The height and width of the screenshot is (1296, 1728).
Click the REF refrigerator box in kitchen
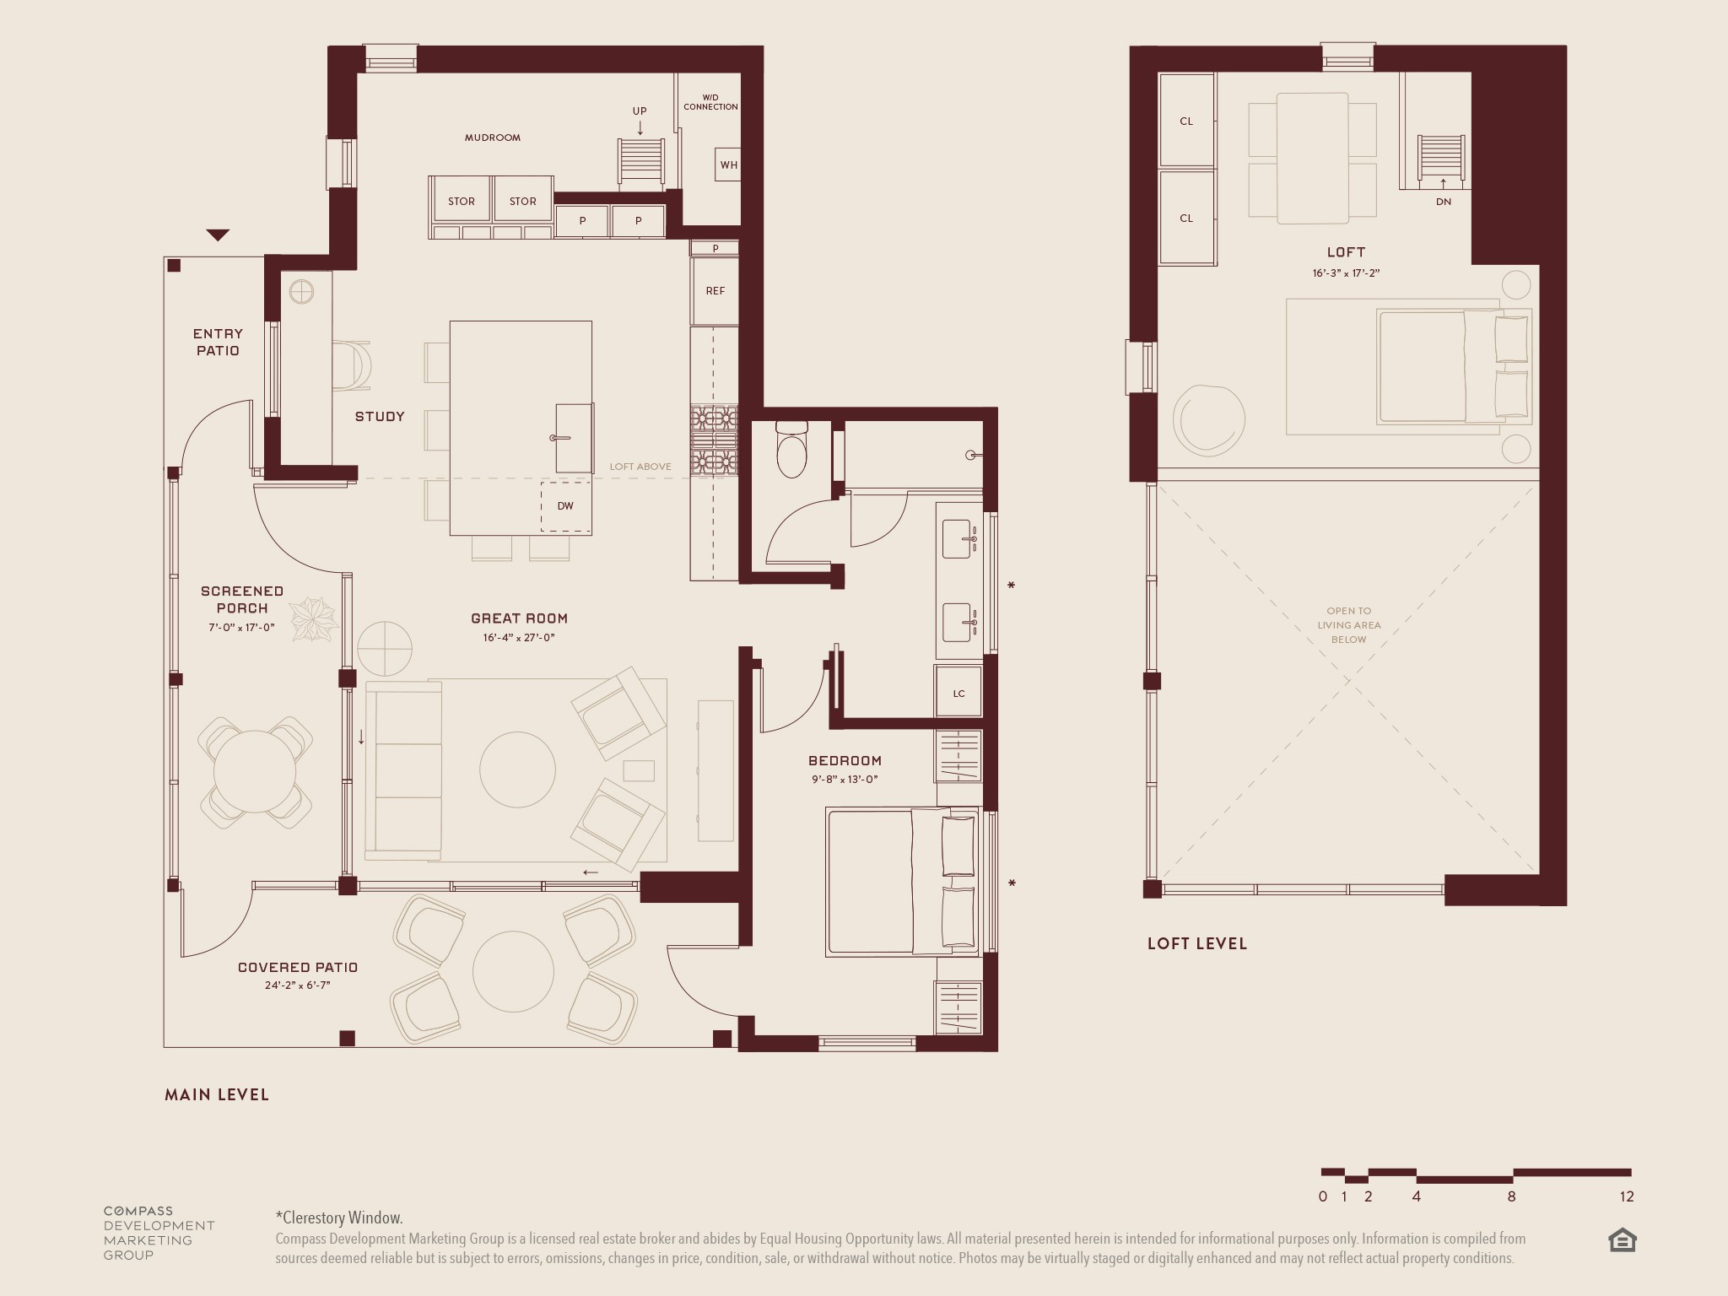[715, 291]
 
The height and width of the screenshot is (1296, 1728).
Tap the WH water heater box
[729, 165]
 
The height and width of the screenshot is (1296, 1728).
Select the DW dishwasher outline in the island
[565, 506]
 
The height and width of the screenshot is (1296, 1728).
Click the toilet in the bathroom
[791, 451]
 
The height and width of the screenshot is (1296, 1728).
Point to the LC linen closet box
[958, 694]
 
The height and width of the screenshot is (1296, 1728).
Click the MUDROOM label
[493, 138]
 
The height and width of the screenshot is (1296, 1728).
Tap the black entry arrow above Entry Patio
[218, 235]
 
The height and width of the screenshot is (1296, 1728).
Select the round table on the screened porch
[255, 771]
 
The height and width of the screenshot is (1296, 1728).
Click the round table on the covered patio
[513, 971]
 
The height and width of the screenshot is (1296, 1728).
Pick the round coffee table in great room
[517, 769]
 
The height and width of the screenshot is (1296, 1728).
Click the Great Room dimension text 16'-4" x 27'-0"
[519, 638]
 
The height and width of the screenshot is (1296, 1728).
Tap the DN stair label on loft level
[1444, 202]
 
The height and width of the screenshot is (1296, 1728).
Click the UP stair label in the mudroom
[640, 111]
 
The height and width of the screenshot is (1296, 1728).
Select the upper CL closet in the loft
[1186, 121]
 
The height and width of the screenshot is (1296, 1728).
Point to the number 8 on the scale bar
[1511, 1196]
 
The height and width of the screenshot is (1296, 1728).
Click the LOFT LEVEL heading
[1196, 943]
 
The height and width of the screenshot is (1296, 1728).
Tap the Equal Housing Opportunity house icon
[1622, 1240]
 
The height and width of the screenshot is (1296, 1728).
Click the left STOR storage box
[462, 202]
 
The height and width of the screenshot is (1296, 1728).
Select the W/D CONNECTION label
[710, 102]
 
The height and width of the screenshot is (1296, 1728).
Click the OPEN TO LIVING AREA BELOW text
[1348, 625]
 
